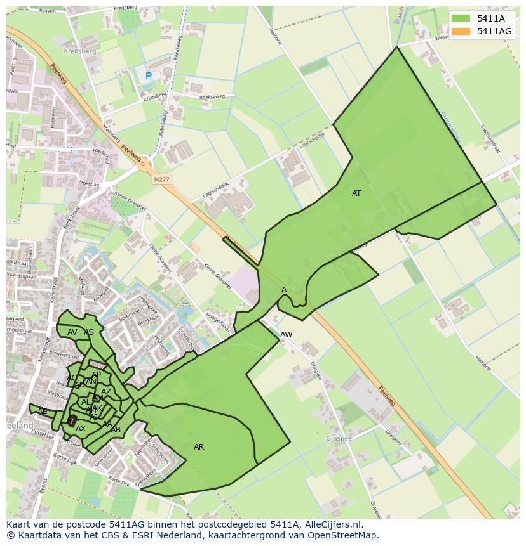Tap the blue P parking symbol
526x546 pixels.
149,76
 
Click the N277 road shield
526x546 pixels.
162,180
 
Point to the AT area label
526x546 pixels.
356,193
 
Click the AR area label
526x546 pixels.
199,447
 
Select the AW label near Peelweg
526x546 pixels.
286,335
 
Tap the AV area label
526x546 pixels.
72,332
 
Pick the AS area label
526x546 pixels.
89,332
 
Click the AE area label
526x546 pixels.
43,412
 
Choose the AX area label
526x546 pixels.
81,429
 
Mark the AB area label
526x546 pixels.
116,430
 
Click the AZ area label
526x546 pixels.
106,392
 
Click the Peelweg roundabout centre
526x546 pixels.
144,163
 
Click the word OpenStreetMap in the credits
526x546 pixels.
343,535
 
